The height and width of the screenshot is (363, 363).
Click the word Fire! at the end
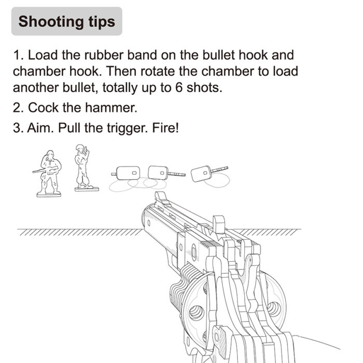point(165,128)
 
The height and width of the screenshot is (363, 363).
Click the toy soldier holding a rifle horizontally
point(49,173)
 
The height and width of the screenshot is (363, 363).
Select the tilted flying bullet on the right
point(203,173)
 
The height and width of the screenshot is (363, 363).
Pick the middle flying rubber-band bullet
point(159,172)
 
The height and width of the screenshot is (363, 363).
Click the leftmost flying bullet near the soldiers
point(128,172)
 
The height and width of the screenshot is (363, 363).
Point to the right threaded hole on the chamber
point(274,308)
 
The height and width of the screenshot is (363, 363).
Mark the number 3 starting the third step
point(17,128)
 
